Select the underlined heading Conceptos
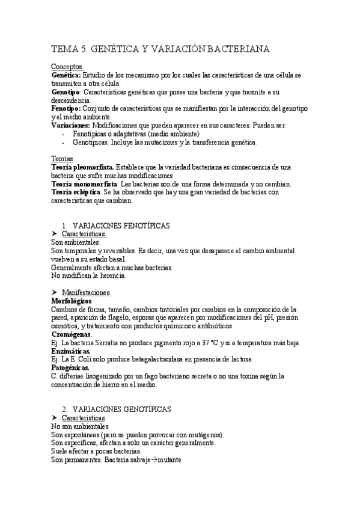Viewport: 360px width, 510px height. point(67,66)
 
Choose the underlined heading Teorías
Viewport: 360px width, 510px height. point(62,158)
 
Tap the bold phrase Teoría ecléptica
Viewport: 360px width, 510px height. point(76,192)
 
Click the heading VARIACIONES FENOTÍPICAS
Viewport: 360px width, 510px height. point(124,225)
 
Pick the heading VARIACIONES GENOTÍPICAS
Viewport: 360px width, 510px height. point(126,409)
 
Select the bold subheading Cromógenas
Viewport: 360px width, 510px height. point(72,334)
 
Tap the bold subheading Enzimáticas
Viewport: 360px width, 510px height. point(71,351)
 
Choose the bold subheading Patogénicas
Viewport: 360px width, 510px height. point(70,367)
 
